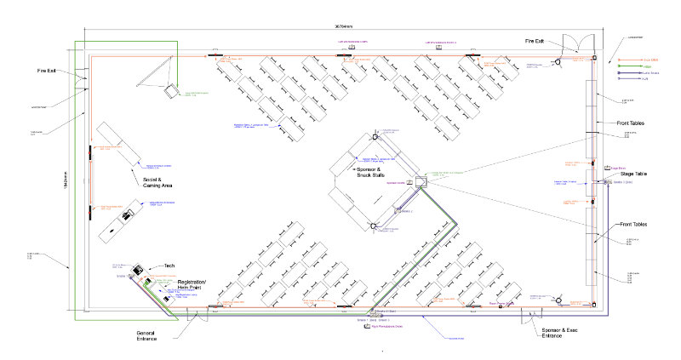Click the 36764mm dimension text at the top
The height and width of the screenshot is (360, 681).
[340, 25]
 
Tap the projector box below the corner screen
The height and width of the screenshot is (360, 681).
[171, 88]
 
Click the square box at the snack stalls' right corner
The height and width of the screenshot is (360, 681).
[421, 181]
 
